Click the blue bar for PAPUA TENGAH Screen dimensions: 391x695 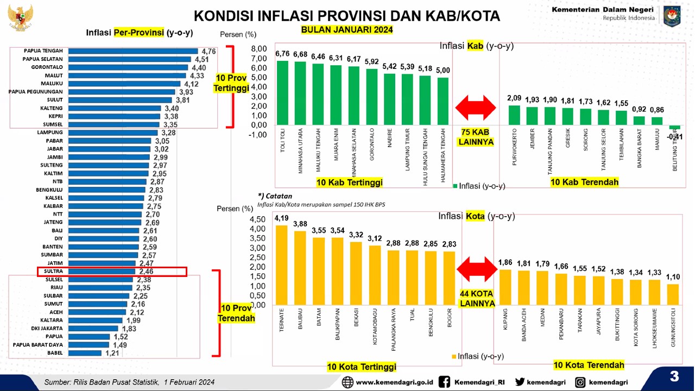pos(133,51)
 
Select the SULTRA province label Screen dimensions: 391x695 pos(53,271)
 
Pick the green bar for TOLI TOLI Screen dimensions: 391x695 pos(283,92)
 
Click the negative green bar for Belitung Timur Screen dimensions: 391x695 pos(674,127)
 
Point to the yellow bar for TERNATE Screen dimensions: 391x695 pos(282,264)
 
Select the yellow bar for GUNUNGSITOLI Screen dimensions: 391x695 pos(673,294)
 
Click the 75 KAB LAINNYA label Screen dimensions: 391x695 pos(476,137)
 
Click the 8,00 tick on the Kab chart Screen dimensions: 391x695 pos(259,49)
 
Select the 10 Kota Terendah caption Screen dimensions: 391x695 pos(589,365)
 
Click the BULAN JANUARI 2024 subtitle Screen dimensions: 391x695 pos(347,30)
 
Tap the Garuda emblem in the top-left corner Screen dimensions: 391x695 pos(21,17)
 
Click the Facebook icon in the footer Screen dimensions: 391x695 pos(444,382)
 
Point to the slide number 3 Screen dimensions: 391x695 pos(674,376)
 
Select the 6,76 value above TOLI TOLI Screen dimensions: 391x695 pos(282,54)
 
